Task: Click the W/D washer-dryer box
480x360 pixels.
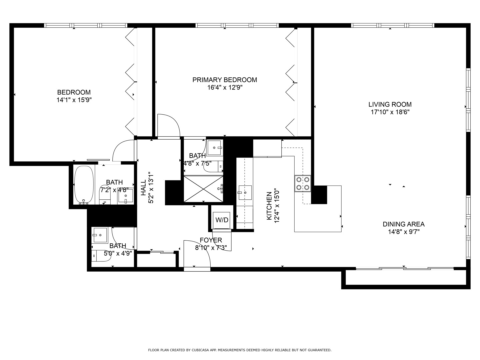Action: pyautogui.click(x=222, y=220)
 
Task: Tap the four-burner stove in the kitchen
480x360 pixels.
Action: pyautogui.click(x=302, y=184)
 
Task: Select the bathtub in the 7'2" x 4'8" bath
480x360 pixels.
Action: pyautogui.click(x=84, y=185)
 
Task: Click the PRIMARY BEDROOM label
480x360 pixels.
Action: pyautogui.click(x=224, y=80)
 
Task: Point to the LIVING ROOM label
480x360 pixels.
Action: pyautogui.click(x=390, y=104)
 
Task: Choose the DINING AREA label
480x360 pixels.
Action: pyautogui.click(x=403, y=224)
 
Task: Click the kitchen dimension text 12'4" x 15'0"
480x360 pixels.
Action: pyautogui.click(x=276, y=206)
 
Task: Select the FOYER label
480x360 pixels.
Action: pyautogui.click(x=211, y=240)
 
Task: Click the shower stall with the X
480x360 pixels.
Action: pyautogui.click(x=203, y=189)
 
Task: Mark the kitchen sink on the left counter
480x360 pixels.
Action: pyautogui.click(x=245, y=192)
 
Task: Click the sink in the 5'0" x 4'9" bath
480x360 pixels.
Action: pyautogui.click(x=100, y=235)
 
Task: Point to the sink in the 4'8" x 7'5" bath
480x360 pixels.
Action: pyautogui.click(x=215, y=148)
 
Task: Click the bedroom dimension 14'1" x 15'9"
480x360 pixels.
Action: pyautogui.click(x=74, y=100)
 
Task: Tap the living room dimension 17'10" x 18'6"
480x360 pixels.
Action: pyautogui.click(x=390, y=112)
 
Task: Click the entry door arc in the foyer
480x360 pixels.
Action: pyautogui.click(x=198, y=253)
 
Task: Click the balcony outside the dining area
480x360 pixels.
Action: pyautogui.click(x=405, y=277)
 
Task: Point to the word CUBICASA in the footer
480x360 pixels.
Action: pyautogui.click(x=203, y=350)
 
